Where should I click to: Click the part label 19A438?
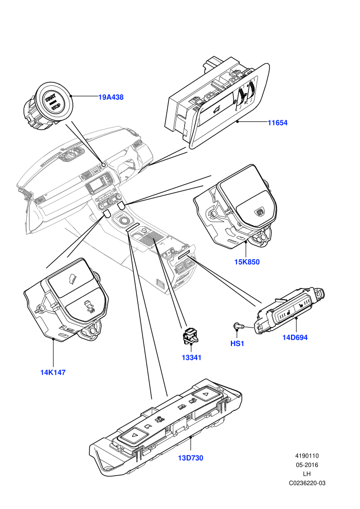[x=111, y=97]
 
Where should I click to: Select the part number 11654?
[x=278, y=123]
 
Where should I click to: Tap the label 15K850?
[x=247, y=262]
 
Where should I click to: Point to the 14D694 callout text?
[x=295, y=338]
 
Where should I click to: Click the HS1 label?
[x=237, y=343]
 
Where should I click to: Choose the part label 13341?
[x=191, y=358]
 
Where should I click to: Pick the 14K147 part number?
[x=53, y=372]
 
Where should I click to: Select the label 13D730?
[x=191, y=458]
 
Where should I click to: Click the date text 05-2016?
[x=307, y=465]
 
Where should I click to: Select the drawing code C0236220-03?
[x=307, y=483]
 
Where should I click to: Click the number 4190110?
[x=307, y=456]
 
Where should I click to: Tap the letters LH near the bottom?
[x=307, y=474]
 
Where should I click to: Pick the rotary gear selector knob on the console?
[x=124, y=221]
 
